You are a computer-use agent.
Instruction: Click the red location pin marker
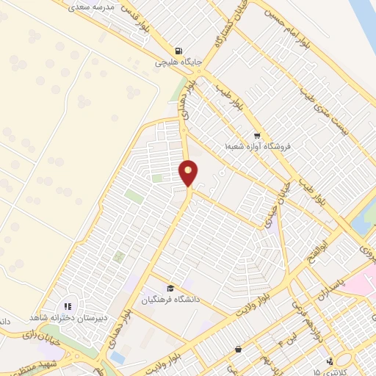tap(189, 173)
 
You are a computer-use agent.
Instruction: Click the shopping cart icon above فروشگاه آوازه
tap(256, 135)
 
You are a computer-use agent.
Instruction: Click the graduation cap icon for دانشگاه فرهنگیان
tap(171, 288)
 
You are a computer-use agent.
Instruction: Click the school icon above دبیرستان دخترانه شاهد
tap(66, 306)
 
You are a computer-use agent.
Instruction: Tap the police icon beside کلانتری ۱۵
tap(331, 361)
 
